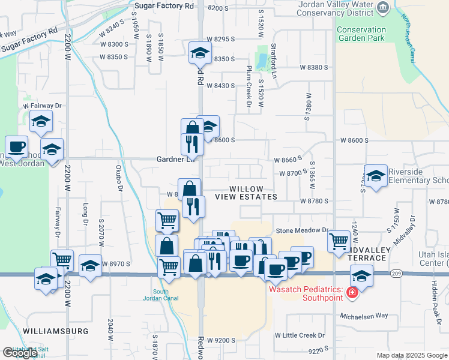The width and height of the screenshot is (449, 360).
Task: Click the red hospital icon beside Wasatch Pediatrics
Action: (x=352, y=293)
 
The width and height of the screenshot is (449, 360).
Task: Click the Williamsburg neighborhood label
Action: (x=56, y=331)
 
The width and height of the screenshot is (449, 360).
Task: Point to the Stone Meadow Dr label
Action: (x=302, y=230)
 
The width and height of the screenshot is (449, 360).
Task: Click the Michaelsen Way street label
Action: (x=364, y=316)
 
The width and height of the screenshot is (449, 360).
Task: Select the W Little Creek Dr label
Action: (x=300, y=335)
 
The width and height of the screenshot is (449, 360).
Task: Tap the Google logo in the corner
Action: (x=19, y=353)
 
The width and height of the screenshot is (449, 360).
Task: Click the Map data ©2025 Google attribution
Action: (x=411, y=355)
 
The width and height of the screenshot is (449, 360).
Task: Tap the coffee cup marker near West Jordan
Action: (x=16, y=146)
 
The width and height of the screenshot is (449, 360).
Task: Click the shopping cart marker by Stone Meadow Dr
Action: (x=339, y=241)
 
